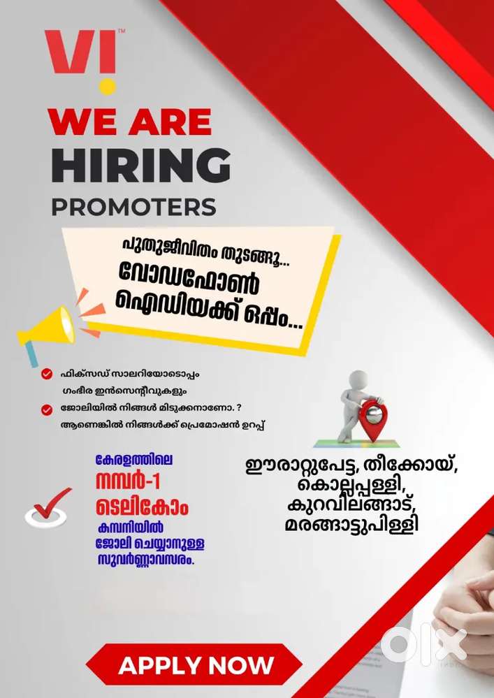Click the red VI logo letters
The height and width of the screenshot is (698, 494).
[x=80, y=53]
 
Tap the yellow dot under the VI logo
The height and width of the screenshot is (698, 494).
[x=108, y=86]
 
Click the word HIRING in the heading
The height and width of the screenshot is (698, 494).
[x=140, y=165]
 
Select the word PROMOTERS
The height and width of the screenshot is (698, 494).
[x=133, y=207]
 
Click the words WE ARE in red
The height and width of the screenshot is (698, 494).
[x=130, y=122]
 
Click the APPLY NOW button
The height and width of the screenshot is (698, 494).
[x=196, y=664]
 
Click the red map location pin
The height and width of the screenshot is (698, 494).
[x=372, y=419]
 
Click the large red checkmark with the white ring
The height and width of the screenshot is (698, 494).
[x=49, y=507]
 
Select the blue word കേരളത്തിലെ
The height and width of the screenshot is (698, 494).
[x=133, y=462]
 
